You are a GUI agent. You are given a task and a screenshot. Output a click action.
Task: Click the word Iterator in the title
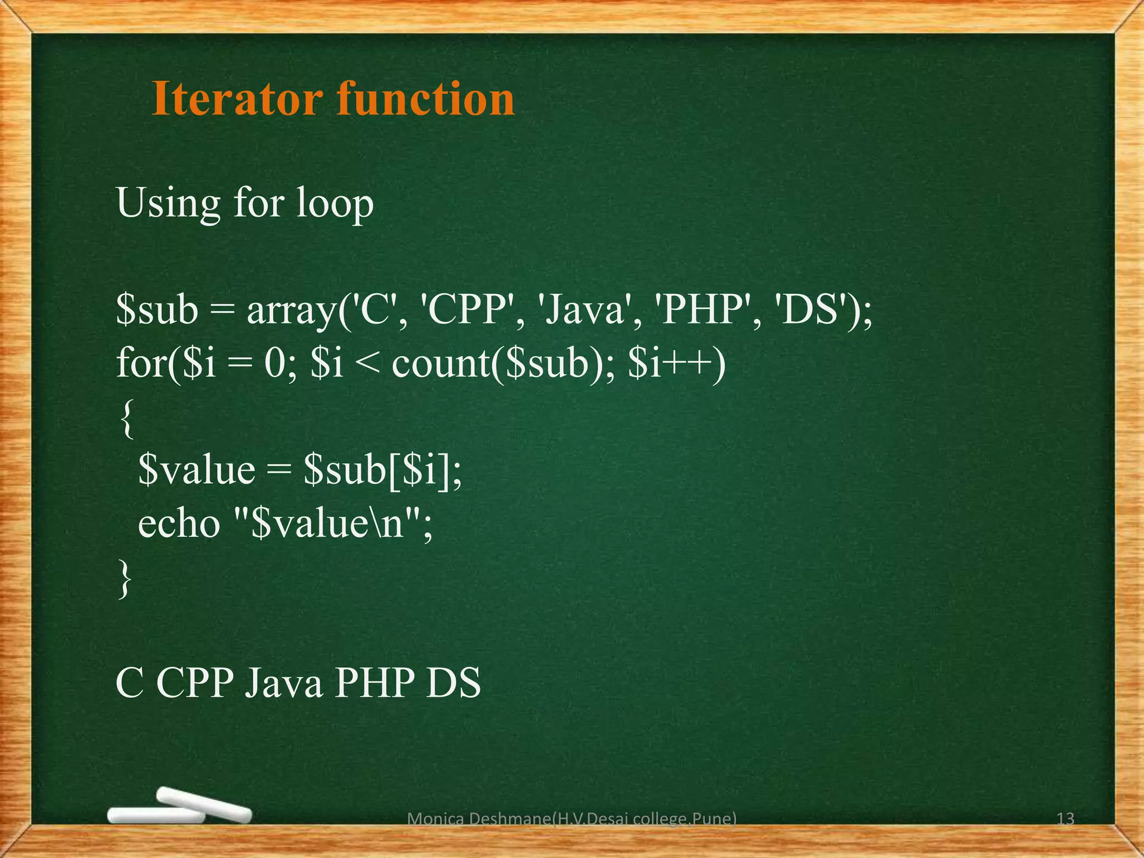click(x=237, y=99)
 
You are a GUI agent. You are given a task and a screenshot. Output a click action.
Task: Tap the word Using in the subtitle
click(x=168, y=204)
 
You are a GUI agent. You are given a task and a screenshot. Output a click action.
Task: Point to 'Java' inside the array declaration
click(x=584, y=311)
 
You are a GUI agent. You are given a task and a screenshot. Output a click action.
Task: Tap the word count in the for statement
click(x=441, y=364)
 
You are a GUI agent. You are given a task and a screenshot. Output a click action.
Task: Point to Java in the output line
click(x=283, y=683)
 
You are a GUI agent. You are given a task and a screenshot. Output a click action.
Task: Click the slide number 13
click(x=1065, y=819)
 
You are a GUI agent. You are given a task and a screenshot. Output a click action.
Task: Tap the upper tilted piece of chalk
click(x=204, y=804)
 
